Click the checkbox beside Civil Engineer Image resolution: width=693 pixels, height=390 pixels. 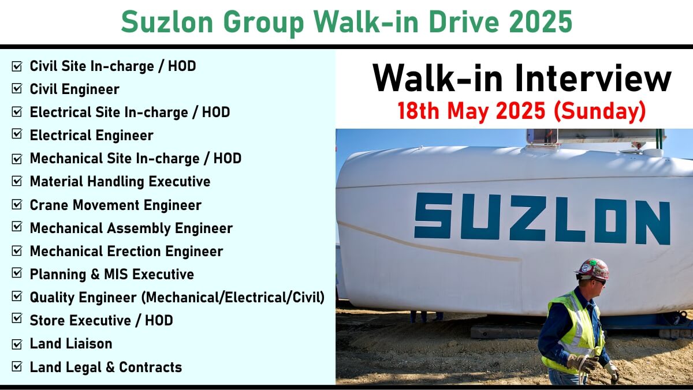point(17,89)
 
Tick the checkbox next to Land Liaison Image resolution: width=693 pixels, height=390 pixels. point(17,344)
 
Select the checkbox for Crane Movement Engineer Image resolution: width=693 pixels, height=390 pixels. point(17,205)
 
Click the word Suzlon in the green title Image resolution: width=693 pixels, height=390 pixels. point(167,21)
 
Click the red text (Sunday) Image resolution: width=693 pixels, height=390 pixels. point(600,111)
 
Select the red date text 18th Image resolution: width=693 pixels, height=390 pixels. point(418,111)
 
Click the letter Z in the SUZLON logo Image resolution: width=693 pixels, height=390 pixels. point(527,218)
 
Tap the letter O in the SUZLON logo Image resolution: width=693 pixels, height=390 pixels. point(610,220)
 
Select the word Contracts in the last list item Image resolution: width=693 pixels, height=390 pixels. point(150,367)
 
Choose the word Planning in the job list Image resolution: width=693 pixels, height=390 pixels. point(58,275)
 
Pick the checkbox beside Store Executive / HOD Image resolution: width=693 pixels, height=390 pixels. point(17,318)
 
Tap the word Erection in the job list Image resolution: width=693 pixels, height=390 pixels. point(134,251)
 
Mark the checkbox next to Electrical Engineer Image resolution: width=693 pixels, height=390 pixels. point(17,134)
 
